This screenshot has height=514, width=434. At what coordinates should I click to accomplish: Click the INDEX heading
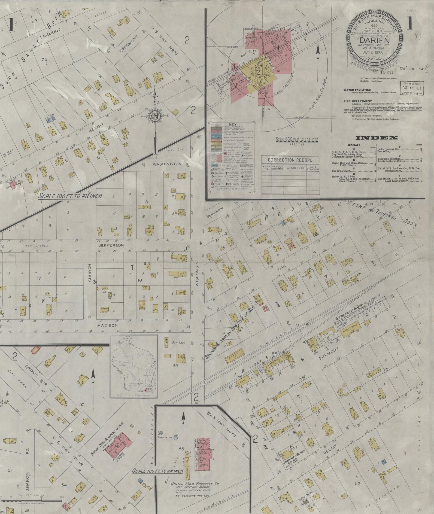376,138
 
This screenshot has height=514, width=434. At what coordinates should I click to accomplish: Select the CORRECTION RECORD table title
290,160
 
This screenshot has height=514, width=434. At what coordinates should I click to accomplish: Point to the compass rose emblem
155,116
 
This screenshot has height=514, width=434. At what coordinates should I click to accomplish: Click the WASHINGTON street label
167,164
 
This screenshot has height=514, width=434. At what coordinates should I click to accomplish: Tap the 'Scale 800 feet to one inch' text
297,139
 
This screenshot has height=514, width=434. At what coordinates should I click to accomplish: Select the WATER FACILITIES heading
357,90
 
